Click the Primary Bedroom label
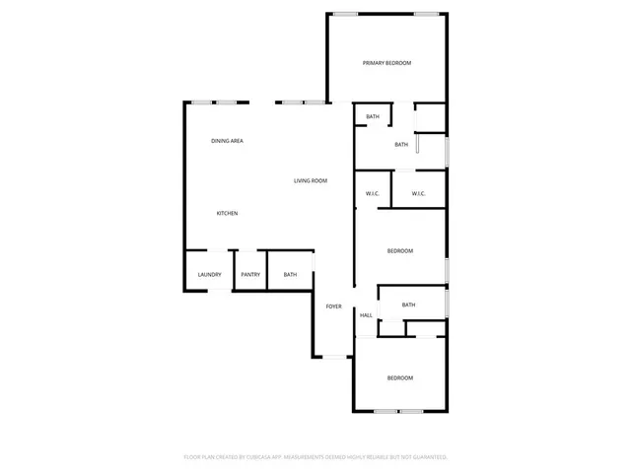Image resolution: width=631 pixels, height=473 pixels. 386,63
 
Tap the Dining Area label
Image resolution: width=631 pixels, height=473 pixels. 227,141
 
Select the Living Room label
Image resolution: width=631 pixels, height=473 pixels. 311,180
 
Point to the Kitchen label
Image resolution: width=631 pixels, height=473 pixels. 228,213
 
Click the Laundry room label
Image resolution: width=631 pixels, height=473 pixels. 209,274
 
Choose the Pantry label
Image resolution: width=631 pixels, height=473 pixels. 250,274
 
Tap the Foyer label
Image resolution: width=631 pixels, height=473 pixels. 334,306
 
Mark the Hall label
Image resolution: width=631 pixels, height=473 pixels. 366,315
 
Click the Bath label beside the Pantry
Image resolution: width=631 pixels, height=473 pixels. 290,274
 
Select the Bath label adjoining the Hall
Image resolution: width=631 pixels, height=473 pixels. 408,304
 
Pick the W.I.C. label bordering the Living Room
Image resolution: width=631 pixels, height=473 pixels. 373,193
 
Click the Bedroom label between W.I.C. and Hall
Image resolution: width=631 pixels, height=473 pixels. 399,251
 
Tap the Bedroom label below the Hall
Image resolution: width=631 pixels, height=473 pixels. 399,378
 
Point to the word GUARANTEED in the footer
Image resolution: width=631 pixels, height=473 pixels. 430,457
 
